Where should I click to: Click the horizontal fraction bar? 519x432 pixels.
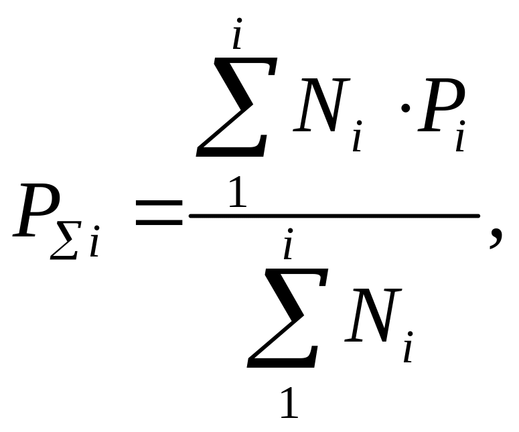point(334,215)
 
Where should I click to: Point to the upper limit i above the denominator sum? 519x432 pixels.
point(288,246)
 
